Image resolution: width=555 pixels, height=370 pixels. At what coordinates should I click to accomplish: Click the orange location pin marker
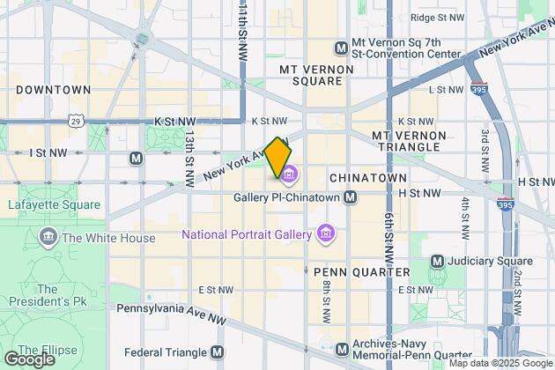277,157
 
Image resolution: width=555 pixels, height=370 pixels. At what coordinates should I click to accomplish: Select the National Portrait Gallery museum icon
326,234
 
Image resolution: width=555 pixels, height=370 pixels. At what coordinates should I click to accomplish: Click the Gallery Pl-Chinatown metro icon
351,197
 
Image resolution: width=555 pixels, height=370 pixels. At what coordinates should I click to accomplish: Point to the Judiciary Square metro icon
438,262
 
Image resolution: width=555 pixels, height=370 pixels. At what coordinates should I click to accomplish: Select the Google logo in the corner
28,359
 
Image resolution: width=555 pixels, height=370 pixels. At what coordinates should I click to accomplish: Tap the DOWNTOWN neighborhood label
53,90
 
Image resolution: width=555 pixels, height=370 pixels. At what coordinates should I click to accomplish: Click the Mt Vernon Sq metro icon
342,47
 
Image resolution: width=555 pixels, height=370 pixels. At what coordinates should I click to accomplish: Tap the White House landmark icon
48,238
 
